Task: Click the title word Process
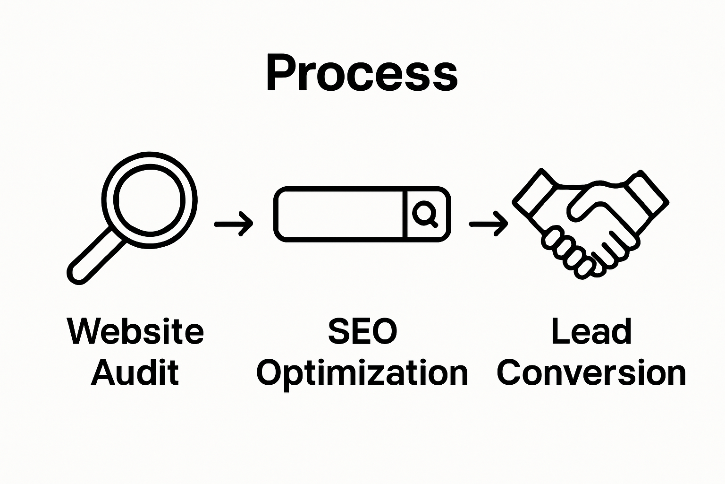click(362, 73)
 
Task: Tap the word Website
click(136, 331)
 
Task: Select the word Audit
click(135, 372)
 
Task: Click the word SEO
click(362, 331)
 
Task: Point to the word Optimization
click(362, 373)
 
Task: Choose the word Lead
click(591, 331)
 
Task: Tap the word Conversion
click(591, 373)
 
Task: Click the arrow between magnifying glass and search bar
click(234, 224)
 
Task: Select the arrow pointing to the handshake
click(488, 224)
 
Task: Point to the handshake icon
click(590, 222)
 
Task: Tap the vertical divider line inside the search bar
click(405, 214)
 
